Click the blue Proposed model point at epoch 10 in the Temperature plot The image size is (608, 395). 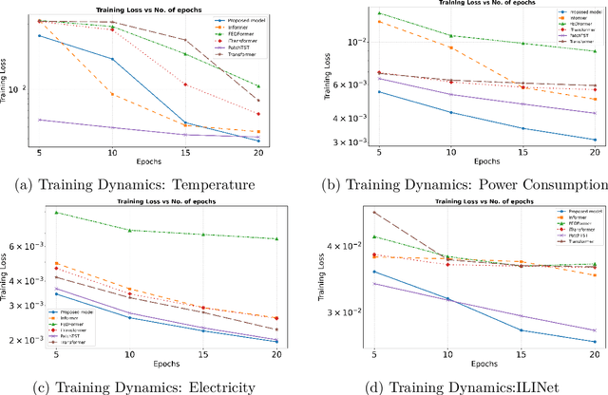pos(112,59)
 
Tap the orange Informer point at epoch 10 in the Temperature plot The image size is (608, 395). pos(112,94)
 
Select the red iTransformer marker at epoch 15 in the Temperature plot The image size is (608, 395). pos(185,85)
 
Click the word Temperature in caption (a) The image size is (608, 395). pos(218,185)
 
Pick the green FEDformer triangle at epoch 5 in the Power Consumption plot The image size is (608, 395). pos(379,13)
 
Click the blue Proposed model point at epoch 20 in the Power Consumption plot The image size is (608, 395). pos(595,140)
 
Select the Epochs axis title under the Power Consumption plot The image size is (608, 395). pos(486,164)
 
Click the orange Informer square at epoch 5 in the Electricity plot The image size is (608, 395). pos(57,263)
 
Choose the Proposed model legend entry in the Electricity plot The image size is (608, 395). pos(77,310)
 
